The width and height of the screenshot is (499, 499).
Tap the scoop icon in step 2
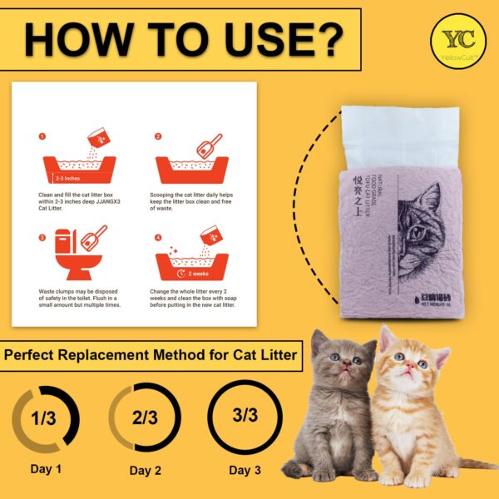click(208, 146)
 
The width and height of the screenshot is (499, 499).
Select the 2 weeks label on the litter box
click(198, 273)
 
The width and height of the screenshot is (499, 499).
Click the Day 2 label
click(146, 470)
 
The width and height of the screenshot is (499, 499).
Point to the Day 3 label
click(245, 470)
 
